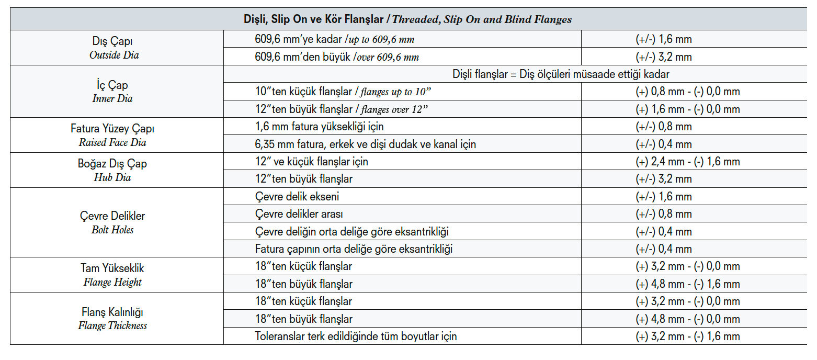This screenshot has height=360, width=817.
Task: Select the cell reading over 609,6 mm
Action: (x=337, y=57)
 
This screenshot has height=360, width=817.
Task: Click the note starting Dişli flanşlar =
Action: (x=561, y=74)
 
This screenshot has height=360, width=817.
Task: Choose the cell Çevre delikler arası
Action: (x=299, y=214)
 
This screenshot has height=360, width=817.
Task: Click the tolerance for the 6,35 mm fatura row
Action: (x=664, y=144)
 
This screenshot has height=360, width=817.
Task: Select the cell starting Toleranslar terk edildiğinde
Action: (x=356, y=336)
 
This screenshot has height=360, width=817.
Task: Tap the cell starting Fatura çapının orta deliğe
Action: (x=354, y=249)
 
